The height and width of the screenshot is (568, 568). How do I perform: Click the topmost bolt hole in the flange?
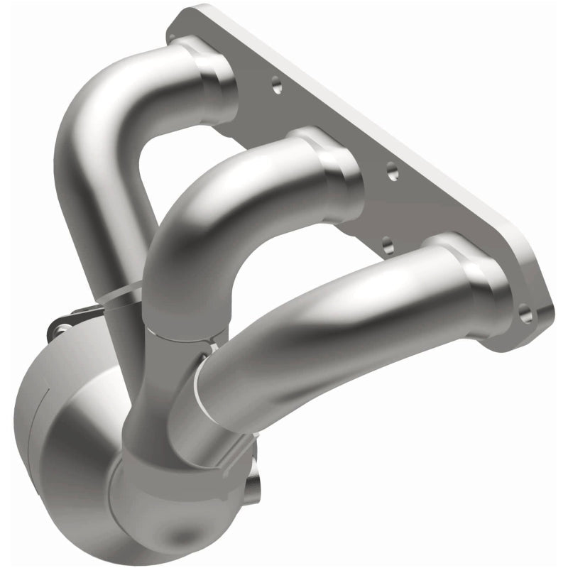[276, 86]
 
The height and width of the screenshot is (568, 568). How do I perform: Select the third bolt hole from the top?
[388, 246]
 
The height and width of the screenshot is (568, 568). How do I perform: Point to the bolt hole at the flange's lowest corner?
[525, 313]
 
